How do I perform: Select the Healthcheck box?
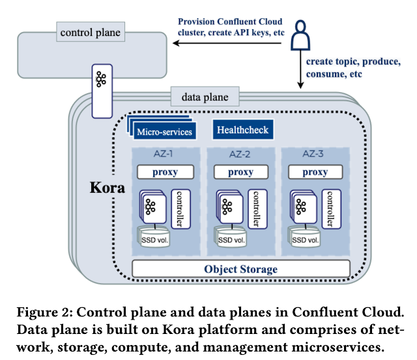(x=241, y=130)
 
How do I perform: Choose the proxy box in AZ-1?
(x=166, y=173)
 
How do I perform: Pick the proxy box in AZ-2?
(x=241, y=173)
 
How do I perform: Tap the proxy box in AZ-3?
(x=315, y=173)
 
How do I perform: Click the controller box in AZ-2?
(x=255, y=208)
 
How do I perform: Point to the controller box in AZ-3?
(x=330, y=208)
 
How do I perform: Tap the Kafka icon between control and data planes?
(x=102, y=79)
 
